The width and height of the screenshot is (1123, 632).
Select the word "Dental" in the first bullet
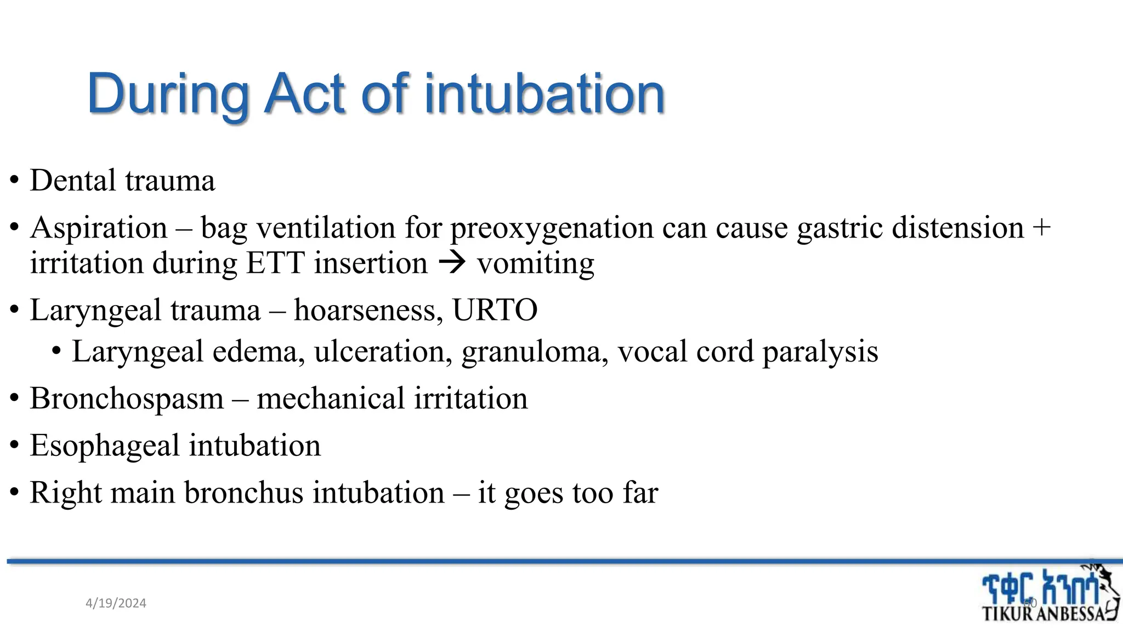point(72,180)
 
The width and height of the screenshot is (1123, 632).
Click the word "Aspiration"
point(99,228)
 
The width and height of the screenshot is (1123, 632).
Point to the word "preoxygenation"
point(552,229)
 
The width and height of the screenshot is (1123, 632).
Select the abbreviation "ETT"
point(275,263)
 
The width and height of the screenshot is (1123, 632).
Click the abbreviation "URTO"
point(495,311)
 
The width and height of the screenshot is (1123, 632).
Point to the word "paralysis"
point(820,352)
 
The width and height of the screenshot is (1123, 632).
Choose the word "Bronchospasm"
point(127,399)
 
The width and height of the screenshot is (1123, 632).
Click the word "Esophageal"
point(105,445)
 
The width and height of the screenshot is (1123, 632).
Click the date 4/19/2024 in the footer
point(116,603)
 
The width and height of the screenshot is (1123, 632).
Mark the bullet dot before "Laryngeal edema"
point(56,352)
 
